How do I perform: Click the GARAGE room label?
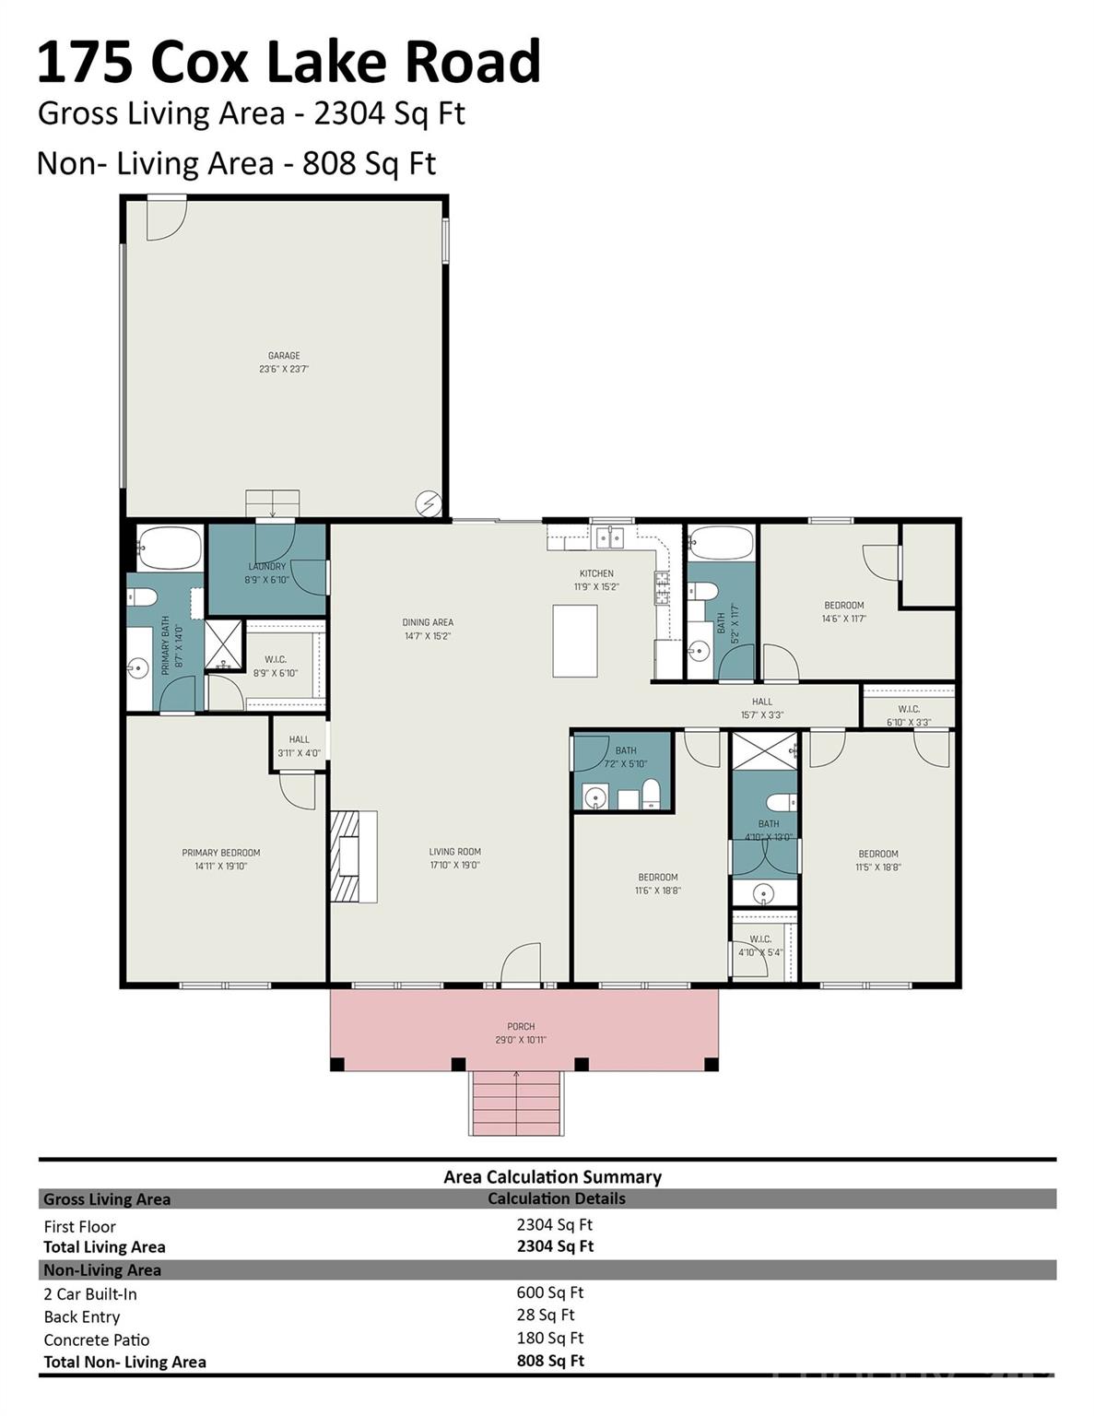click(x=284, y=356)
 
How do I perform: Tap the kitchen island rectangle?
click(x=575, y=641)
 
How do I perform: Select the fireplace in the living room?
click(x=354, y=856)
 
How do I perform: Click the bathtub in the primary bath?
click(x=169, y=549)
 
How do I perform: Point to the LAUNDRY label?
click(x=267, y=566)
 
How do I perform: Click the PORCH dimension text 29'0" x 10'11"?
click(x=521, y=1040)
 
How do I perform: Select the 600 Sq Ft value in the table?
click(x=550, y=1292)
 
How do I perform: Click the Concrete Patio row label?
click(x=97, y=1339)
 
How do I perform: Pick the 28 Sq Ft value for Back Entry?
click(x=546, y=1315)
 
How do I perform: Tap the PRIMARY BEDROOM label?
click(x=221, y=853)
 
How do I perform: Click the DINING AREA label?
click(x=428, y=622)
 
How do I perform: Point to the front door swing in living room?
click(x=521, y=963)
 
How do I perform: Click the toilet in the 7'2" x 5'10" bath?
click(x=651, y=793)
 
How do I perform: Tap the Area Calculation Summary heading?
click(x=552, y=1176)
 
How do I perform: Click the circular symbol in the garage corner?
click(x=429, y=502)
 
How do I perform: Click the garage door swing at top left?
click(x=166, y=218)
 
